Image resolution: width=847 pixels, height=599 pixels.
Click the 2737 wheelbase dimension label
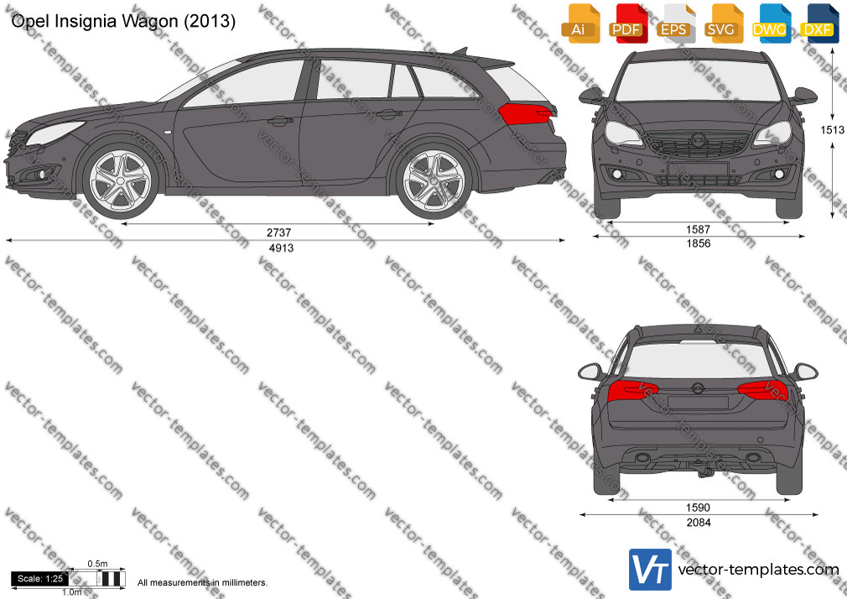click(x=278, y=232)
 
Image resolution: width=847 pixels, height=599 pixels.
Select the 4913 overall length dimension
click(x=281, y=248)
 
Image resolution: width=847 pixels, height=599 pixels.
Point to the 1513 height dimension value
click(x=832, y=130)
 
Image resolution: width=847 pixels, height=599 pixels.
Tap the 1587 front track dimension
click(x=698, y=229)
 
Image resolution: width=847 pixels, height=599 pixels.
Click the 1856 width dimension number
click(x=699, y=243)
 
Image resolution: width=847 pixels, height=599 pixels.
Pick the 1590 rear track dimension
click(x=698, y=508)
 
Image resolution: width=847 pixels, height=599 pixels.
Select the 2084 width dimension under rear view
click(x=699, y=522)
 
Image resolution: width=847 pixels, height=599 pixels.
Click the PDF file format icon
click(x=626, y=23)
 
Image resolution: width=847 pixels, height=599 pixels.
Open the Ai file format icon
click(x=579, y=23)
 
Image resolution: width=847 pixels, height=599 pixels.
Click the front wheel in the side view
click(x=120, y=180)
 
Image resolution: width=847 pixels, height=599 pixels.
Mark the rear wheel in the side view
click(x=434, y=180)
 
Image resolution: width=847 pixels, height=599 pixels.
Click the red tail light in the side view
click(x=526, y=114)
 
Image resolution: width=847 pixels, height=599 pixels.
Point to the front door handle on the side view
click(x=280, y=121)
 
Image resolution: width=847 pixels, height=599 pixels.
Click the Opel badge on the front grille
click(x=698, y=139)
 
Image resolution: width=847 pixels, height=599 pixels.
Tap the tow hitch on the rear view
click(x=705, y=469)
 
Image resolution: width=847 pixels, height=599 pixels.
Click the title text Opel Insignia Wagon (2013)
click(x=123, y=21)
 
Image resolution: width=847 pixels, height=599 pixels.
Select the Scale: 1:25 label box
click(x=40, y=579)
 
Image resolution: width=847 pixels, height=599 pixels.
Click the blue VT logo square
click(x=651, y=570)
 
